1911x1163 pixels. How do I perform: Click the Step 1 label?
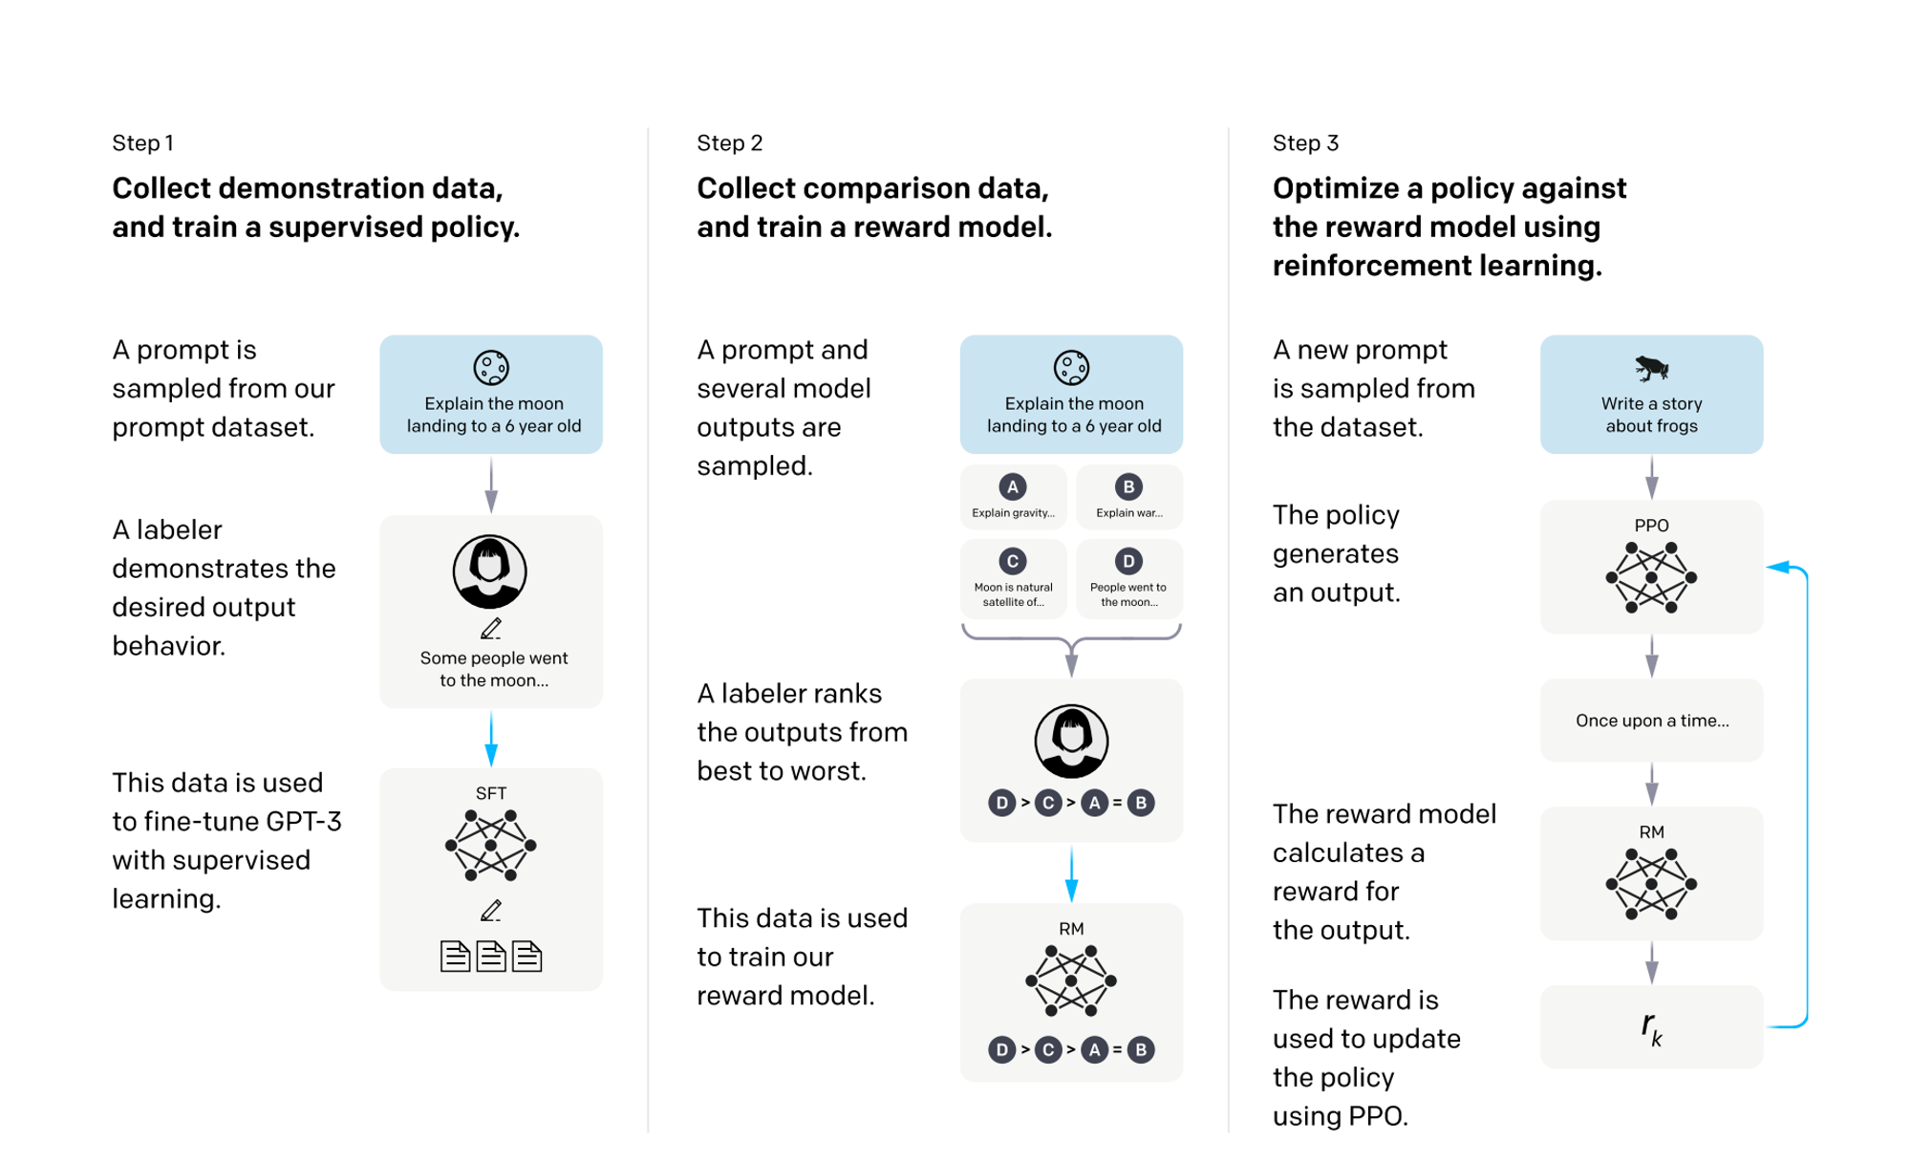tap(142, 143)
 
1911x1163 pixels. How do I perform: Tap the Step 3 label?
tap(1305, 143)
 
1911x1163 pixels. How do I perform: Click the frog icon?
tap(1651, 368)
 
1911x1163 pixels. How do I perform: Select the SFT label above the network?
tap(491, 793)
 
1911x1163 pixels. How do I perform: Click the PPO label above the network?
tap(1651, 526)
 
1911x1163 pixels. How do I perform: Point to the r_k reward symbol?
tap(1652, 1027)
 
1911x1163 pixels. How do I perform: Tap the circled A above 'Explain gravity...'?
tap(1013, 487)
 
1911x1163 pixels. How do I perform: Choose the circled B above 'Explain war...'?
tap(1128, 487)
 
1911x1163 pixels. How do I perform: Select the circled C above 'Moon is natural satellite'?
tap(1013, 561)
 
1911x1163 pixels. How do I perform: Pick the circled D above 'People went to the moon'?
tap(1128, 561)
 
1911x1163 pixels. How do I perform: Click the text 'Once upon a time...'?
tap(1652, 721)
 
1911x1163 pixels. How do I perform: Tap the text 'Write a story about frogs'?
tap(1652, 415)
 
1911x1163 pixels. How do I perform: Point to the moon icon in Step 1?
tap(491, 368)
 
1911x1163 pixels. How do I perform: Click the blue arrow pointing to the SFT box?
tap(491, 739)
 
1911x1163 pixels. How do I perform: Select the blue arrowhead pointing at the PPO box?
tap(1777, 568)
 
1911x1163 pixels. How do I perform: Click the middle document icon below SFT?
tap(491, 956)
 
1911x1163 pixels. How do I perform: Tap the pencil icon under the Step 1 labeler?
tap(491, 629)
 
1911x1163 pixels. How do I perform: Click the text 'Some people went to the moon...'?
tap(494, 669)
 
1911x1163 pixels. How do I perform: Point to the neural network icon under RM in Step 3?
tap(1651, 884)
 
